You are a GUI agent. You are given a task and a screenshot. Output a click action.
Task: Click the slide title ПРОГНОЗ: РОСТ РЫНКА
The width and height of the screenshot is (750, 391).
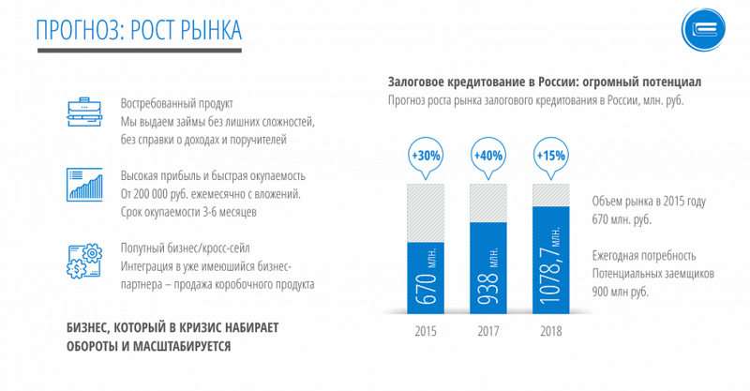click(x=139, y=30)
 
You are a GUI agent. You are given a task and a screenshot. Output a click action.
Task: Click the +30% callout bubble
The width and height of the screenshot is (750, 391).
click(x=425, y=155)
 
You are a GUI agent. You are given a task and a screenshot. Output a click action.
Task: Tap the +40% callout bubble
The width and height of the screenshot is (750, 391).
click(x=487, y=155)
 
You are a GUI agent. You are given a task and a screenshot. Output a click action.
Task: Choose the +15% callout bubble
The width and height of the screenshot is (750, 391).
click(x=550, y=155)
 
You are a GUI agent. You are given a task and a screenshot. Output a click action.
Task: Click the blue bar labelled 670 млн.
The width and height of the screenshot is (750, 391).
click(x=425, y=278)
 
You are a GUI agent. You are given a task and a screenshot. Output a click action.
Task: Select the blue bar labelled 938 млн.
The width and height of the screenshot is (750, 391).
click(x=487, y=267)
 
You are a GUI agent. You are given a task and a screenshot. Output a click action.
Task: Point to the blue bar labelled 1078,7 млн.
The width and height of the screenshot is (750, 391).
click(x=550, y=260)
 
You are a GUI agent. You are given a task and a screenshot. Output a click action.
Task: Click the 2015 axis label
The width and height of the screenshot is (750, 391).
click(x=425, y=331)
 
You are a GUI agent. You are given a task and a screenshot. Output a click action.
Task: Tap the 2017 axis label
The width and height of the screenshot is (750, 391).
click(x=487, y=331)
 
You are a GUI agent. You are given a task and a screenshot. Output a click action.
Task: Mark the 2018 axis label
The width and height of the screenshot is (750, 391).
click(x=550, y=331)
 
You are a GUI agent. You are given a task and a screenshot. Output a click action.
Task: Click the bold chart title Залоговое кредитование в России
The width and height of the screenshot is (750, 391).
click(x=544, y=83)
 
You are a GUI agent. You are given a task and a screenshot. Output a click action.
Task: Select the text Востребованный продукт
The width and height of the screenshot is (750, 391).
click(x=176, y=103)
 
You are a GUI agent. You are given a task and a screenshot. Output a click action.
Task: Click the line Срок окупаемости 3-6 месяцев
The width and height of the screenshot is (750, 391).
click(x=188, y=212)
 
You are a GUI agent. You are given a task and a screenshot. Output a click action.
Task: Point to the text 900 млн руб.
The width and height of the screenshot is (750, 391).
click(x=622, y=292)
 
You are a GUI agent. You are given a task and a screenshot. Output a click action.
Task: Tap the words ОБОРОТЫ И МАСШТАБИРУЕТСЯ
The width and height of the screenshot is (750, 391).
click(x=150, y=346)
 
